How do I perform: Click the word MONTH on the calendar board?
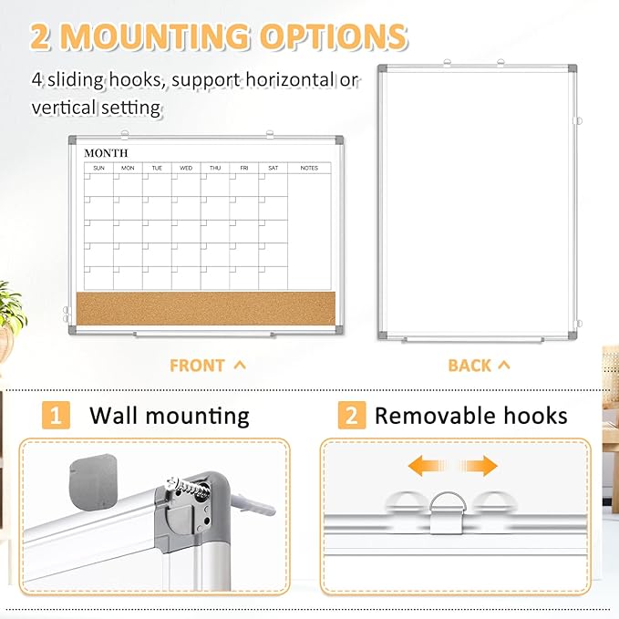[106, 153]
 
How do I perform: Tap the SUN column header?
[98, 168]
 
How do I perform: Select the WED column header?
[186, 168]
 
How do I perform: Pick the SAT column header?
[273, 168]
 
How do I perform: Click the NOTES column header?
[310, 168]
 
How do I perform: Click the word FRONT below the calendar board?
[197, 366]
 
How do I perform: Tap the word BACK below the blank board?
[469, 366]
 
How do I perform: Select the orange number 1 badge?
[57, 417]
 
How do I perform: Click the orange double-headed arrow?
[465, 466]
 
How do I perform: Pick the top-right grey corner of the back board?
[570, 72]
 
